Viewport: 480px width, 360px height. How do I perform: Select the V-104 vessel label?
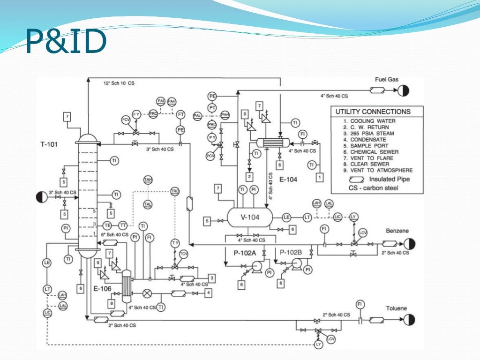(x=249, y=217)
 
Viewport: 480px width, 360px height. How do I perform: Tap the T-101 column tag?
(x=49, y=144)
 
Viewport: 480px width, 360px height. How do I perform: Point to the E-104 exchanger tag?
(x=289, y=180)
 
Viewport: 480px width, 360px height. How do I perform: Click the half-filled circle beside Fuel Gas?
(x=404, y=90)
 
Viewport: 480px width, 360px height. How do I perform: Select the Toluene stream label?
(x=397, y=308)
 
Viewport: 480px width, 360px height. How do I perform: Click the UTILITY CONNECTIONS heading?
(x=373, y=112)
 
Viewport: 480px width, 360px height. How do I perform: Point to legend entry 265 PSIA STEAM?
(x=368, y=134)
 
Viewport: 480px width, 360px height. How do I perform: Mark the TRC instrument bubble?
(x=175, y=192)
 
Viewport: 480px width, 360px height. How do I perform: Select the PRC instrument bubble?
(x=212, y=125)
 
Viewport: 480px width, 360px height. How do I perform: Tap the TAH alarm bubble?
(x=148, y=180)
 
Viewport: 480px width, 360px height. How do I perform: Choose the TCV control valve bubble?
(x=184, y=254)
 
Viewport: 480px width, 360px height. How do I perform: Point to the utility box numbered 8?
(x=112, y=303)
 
